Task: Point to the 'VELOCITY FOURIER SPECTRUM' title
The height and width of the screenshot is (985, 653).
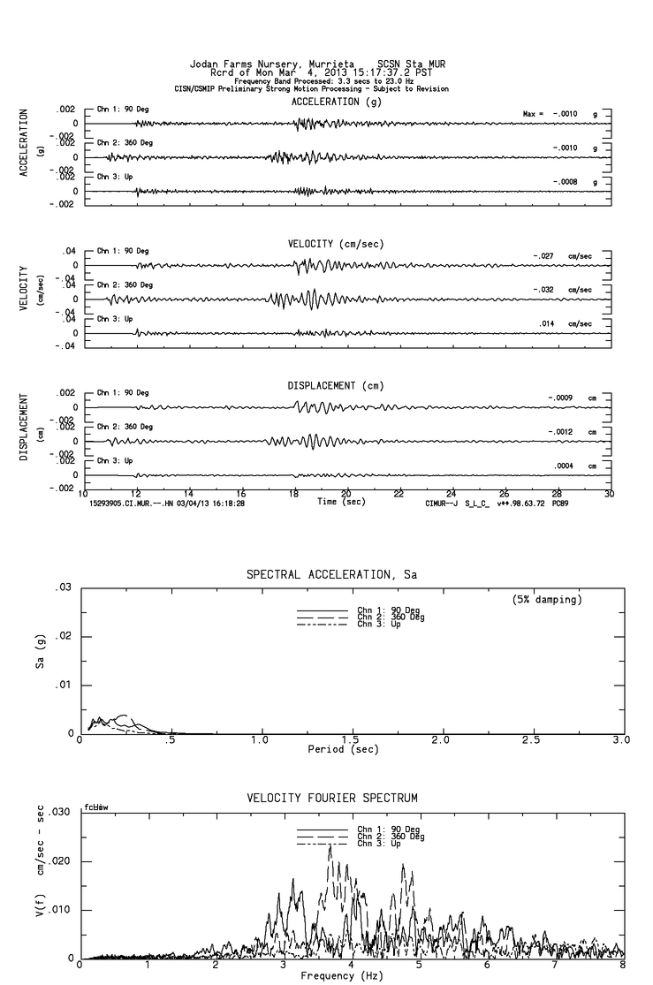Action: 332,799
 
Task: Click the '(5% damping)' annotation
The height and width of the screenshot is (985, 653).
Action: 546,600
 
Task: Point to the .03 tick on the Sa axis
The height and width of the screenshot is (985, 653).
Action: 63,587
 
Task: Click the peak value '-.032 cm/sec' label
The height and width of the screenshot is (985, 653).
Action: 564,290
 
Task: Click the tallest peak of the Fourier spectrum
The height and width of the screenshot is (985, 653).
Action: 330,845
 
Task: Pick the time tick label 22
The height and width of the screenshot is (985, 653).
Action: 399,494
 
